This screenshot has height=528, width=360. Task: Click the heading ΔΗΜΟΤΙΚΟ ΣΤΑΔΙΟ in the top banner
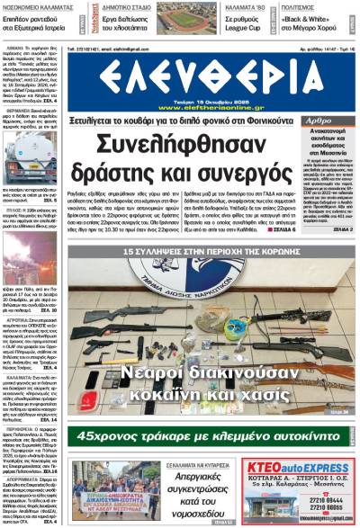pos(124,5)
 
